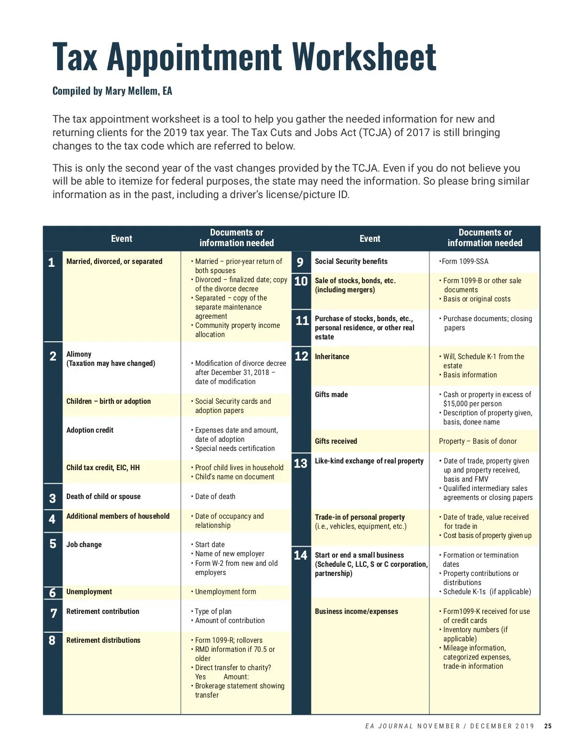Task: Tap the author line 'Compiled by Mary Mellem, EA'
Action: (112, 91)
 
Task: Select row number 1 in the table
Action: (51, 262)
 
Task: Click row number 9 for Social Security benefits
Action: (300, 262)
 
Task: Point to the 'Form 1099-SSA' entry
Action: (464, 262)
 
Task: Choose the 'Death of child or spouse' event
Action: (103, 497)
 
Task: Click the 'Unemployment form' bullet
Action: (226, 592)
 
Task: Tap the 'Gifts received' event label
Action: (336, 441)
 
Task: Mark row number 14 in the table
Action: (301, 555)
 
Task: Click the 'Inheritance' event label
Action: (332, 357)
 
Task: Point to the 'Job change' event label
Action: (84, 545)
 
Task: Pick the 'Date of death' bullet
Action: (215, 497)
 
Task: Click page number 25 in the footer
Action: (548, 726)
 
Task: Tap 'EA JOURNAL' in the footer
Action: (389, 726)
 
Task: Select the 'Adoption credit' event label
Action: (90, 430)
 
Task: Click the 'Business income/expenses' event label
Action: (356, 612)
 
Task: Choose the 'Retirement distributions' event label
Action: (103, 640)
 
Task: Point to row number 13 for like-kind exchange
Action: (301, 463)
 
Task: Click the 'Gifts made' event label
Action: (331, 395)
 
